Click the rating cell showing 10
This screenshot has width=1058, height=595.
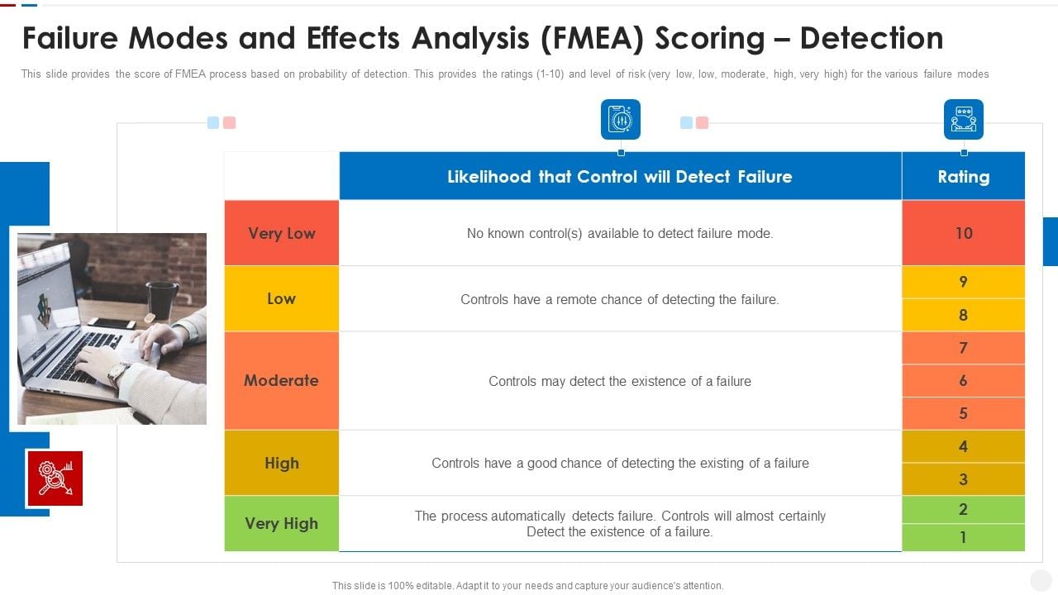(x=963, y=233)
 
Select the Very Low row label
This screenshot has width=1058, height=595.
(x=281, y=233)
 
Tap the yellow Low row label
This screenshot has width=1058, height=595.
(x=281, y=298)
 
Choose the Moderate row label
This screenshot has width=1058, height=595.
(x=281, y=380)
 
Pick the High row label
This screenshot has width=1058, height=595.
(x=281, y=463)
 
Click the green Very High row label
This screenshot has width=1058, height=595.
(x=281, y=523)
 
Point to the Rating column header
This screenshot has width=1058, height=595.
(x=963, y=176)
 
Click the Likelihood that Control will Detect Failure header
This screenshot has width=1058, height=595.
(x=619, y=176)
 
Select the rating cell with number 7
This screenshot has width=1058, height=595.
(x=963, y=348)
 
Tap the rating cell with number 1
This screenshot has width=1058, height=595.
(x=963, y=537)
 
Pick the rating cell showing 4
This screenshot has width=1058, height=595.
(x=963, y=446)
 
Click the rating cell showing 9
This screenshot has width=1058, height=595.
(x=963, y=282)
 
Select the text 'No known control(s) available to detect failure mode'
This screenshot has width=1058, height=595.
(x=619, y=233)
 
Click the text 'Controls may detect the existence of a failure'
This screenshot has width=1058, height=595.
(x=619, y=381)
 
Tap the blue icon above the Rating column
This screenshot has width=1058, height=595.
(x=963, y=119)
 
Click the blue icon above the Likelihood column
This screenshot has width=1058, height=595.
(x=620, y=119)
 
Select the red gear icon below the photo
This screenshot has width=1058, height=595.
(x=55, y=478)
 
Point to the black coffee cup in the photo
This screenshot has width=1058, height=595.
(x=161, y=299)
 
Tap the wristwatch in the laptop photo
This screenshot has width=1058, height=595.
(x=117, y=374)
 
